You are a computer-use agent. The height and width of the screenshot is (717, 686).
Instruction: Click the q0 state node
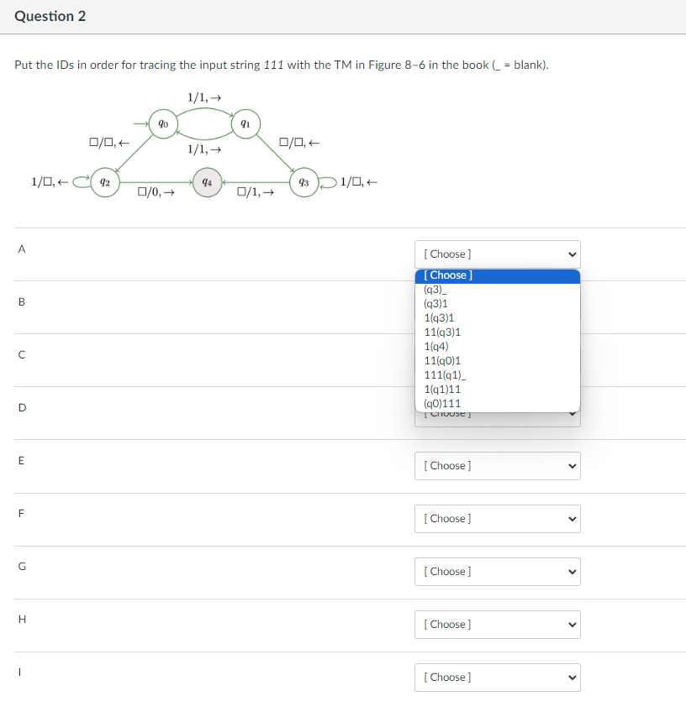coord(162,123)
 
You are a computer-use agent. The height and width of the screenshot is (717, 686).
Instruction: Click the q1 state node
coord(245,123)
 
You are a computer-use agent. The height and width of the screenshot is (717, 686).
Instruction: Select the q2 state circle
coord(105,181)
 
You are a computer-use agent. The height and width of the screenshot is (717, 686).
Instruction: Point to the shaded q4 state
coord(207,181)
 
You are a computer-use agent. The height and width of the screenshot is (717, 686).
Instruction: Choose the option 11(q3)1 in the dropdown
coord(443,332)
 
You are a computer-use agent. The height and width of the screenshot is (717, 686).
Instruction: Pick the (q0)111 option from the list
coord(443,403)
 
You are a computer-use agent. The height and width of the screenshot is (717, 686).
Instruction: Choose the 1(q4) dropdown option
coord(436,346)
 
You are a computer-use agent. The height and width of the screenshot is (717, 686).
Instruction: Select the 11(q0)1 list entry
coord(443,360)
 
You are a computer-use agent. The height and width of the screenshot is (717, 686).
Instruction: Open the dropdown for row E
coord(497,466)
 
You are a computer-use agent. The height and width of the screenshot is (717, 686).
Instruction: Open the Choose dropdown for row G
coord(497,572)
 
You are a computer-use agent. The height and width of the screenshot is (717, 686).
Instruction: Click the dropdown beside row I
coord(497,678)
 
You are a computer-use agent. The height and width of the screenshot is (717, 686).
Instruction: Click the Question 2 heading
coord(50,17)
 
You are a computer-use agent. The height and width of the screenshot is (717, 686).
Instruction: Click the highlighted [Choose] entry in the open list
coord(497,275)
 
